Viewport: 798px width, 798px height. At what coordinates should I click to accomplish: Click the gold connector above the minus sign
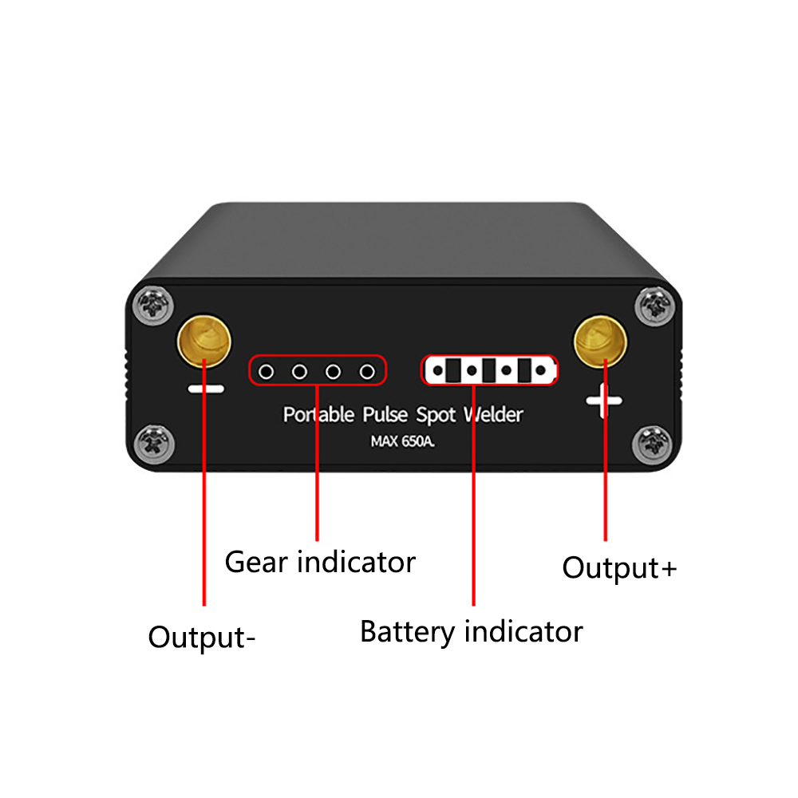click(x=203, y=340)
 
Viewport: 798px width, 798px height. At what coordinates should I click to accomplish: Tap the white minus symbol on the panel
click(x=205, y=389)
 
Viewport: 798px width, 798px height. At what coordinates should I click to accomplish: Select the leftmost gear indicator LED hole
click(x=267, y=371)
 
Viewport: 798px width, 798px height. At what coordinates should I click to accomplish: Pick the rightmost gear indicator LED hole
click(x=367, y=371)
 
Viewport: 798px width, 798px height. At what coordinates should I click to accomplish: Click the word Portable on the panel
click(x=318, y=415)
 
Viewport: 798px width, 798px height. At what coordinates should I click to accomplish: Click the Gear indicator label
click(x=320, y=562)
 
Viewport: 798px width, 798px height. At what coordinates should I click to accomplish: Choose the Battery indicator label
click(x=471, y=632)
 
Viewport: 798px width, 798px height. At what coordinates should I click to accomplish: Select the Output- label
click(x=202, y=638)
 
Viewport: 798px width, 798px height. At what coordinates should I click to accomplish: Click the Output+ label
click(x=619, y=568)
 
